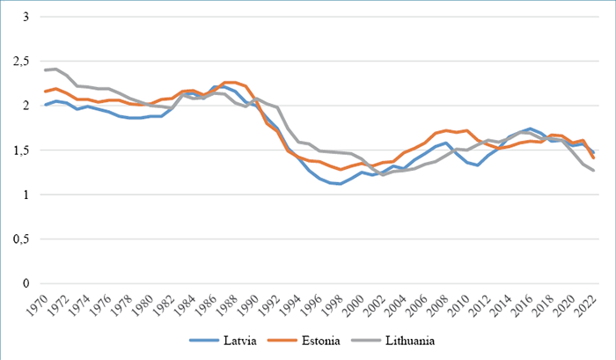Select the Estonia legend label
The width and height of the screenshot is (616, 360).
(x=320, y=340)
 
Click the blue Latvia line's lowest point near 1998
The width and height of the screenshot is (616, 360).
(x=341, y=184)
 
